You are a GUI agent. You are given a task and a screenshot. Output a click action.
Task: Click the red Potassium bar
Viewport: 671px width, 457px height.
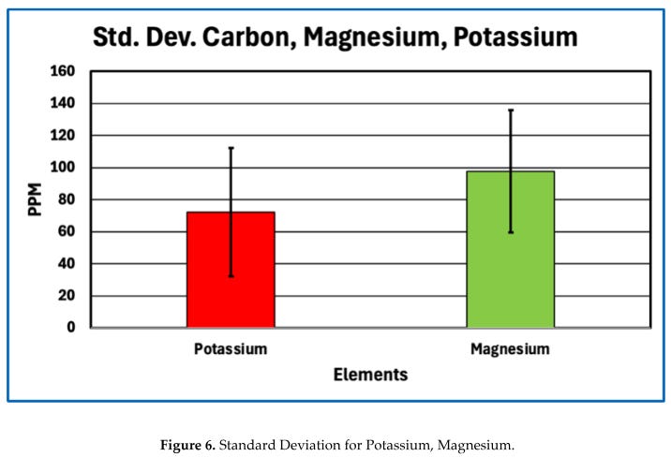[231, 270]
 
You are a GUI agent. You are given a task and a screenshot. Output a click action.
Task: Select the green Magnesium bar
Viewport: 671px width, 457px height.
[511, 250]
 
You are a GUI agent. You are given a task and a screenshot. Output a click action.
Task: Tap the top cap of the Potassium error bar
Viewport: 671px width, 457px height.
[231, 148]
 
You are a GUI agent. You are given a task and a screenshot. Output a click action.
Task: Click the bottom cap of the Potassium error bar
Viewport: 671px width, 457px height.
[231, 276]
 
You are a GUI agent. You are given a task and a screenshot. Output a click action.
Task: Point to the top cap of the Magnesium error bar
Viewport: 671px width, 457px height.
[511, 111]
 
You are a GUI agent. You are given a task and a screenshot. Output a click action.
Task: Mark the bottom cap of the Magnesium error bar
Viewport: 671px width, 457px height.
[511, 232]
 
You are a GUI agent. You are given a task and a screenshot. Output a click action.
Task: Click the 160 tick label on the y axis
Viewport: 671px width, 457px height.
[63, 71]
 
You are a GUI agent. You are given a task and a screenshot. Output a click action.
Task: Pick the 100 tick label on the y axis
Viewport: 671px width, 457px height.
[63, 167]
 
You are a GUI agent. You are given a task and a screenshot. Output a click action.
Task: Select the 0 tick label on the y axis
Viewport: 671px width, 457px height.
[71, 328]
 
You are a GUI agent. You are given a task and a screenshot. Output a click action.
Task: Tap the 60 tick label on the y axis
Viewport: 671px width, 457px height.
[67, 231]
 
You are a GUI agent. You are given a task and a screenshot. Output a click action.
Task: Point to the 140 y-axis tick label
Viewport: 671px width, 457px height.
[63, 103]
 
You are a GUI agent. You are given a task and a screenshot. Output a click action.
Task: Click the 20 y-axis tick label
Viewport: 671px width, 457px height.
[67, 295]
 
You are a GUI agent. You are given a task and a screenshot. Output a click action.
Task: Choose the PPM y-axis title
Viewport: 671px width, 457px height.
[35, 199]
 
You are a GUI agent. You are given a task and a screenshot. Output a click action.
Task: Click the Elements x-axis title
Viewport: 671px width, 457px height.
[370, 375]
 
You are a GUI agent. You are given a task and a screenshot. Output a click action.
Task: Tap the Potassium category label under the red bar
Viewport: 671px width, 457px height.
[231, 349]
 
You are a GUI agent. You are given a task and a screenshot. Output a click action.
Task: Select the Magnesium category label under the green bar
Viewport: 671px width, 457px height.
[510, 349]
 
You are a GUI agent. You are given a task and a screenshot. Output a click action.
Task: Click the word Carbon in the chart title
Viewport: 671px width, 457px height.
[249, 37]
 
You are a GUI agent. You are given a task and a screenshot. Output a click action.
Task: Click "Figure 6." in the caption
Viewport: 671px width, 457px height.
[187, 446]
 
